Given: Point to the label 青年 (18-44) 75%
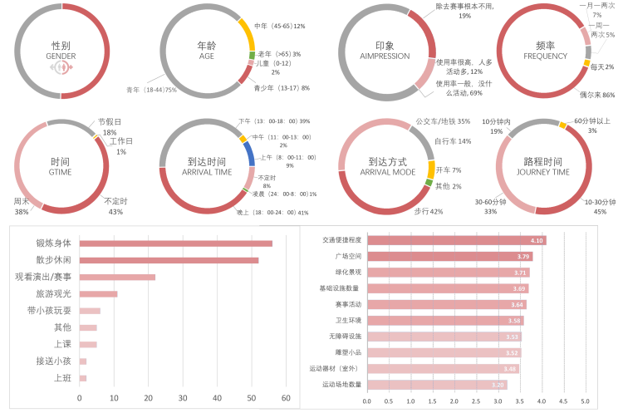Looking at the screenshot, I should pyautogui.click(x=151, y=89).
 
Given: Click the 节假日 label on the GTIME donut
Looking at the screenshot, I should pyautogui.click(x=110, y=121).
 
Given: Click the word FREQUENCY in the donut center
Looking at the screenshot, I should pyautogui.click(x=545, y=56).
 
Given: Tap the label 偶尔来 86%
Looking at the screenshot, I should pyautogui.click(x=596, y=95).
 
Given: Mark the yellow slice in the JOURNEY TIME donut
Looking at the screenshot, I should pyautogui.click(x=562, y=125).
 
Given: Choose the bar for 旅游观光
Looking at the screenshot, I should pyautogui.click(x=99, y=293).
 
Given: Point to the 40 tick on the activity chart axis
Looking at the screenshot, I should pyautogui.click(x=218, y=398).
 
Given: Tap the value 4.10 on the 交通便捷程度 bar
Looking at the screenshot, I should pyautogui.click(x=537, y=240).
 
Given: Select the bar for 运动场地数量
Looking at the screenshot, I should pyautogui.click(x=437, y=385).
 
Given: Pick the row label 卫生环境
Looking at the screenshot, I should pyautogui.click(x=345, y=320).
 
